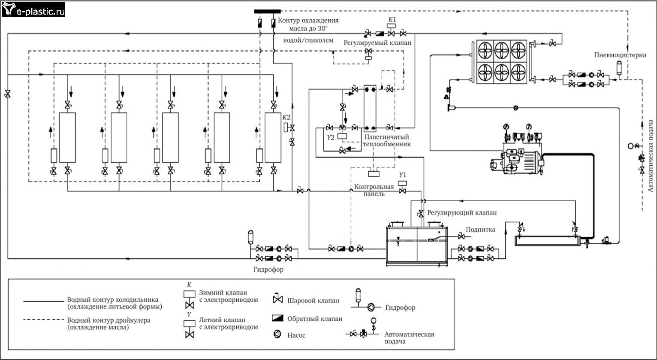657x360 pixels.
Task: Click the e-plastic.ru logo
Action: (33, 10)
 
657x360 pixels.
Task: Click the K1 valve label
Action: (392, 20)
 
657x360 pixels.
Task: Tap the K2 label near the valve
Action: (286, 118)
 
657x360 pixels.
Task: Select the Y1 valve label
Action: (402, 175)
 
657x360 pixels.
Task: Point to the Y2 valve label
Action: (331, 138)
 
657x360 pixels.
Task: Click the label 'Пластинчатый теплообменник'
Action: (387, 141)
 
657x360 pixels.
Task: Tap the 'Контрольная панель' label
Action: (374, 190)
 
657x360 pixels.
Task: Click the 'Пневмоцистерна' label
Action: (620, 55)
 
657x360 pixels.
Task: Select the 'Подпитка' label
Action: (480, 230)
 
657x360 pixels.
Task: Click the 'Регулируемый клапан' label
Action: (377, 43)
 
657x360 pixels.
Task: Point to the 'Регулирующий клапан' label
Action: (462, 213)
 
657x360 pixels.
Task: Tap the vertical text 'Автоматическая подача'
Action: (651, 156)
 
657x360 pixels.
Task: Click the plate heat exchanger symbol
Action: (370, 108)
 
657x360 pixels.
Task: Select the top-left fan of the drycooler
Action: (485, 50)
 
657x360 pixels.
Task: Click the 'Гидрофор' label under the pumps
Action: (268, 269)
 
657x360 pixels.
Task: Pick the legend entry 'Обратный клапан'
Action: (315, 319)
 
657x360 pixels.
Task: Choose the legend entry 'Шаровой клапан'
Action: (313, 300)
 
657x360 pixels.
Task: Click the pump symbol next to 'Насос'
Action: (277, 334)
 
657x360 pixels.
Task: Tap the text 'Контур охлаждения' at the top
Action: (308, 21)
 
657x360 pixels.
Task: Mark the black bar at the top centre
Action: (267, 12)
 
